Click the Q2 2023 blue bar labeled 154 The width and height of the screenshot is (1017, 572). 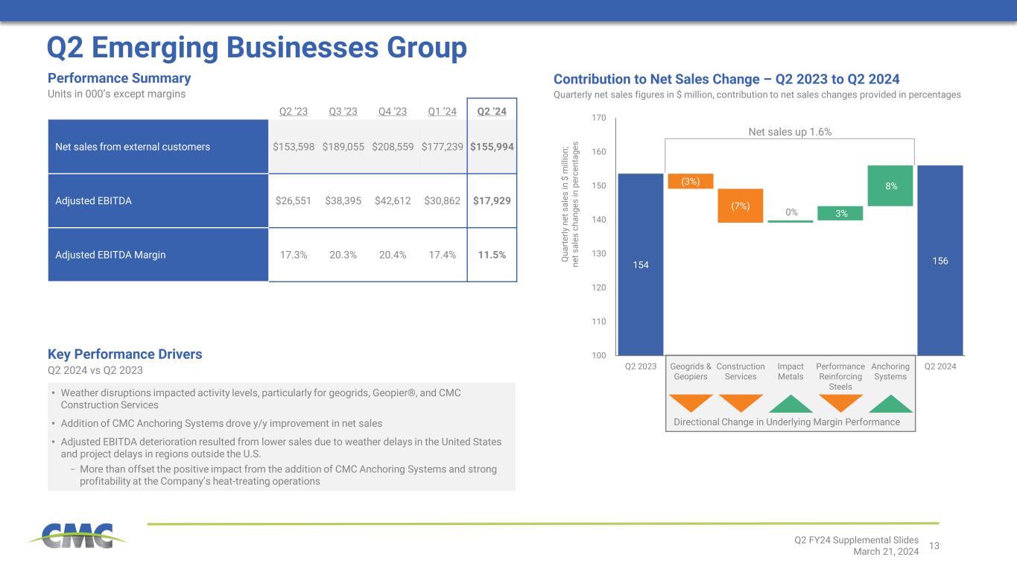[x=641, y=264]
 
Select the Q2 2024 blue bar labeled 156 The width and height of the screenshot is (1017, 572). [x=940, y=260]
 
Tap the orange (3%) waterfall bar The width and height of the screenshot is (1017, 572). [x=691, y=181]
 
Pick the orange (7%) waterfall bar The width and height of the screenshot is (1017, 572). [x=741, y=206]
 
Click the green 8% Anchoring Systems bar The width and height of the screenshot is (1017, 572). [x=890, y=185]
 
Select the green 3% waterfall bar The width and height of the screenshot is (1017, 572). [x=840, y=214]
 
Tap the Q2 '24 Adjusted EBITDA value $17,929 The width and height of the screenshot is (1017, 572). [x=492, y=201]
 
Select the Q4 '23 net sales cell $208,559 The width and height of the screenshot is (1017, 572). [x=393, y=147]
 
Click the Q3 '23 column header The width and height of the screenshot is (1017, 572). [x=343, y=112]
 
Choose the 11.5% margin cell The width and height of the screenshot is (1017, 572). [x=492, y=255]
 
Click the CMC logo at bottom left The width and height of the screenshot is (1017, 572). [x=77, y=536]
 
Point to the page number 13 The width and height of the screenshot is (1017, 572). [x=934, y=546]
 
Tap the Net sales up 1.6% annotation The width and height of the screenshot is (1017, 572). [x=790, y=132]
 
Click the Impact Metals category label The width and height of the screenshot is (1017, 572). [x=791, y=372]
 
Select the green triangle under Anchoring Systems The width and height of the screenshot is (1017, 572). [x=890, y=403]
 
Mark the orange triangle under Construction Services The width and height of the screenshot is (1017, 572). [x=741, y=402]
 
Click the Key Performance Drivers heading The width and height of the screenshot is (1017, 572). [x=124, y=354]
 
